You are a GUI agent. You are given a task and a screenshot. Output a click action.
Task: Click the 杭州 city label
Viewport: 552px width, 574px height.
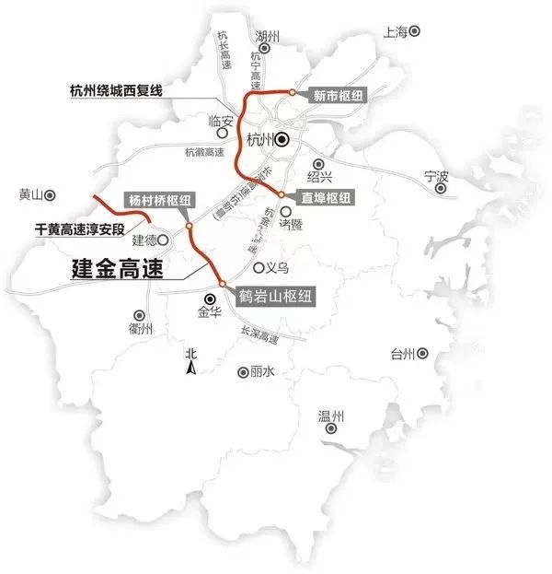pyautogui.click(x=261, y=140)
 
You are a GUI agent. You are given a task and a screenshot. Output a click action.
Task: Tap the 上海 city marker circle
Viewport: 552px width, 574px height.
pyautogui.click(x=415, y=31)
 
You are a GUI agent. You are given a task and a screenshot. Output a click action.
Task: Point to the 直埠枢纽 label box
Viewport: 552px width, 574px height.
pyautogui.click(x=327, y=197)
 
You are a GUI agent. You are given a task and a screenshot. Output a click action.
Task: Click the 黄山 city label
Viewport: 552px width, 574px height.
pyautogui.click(x=30, y=195)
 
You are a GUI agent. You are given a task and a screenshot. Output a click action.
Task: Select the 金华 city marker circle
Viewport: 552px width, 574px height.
pyautogui.click(x=211, y=299)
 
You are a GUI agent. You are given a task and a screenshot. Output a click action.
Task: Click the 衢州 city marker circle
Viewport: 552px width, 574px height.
pyautogui.click(x=140, y=314)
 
